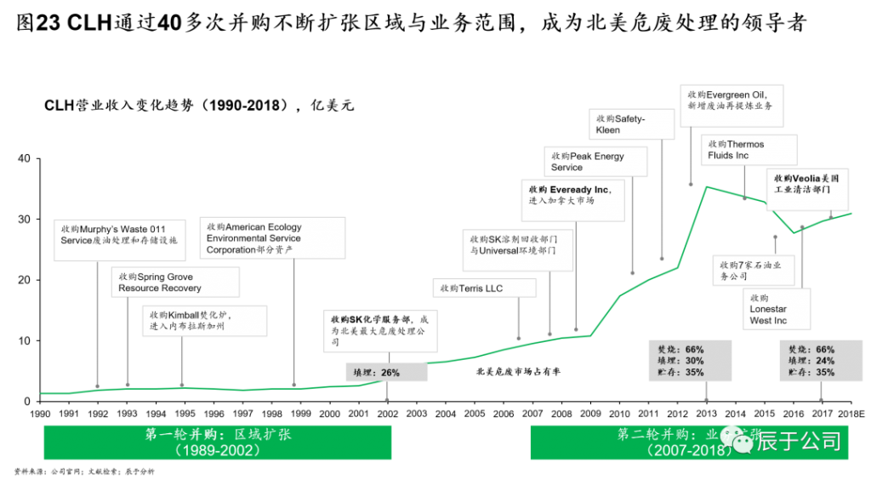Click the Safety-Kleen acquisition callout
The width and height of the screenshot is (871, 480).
pyautogui.click(x=633, y=124)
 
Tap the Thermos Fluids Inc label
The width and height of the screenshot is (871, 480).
pyautogui.click(x=748, y=150)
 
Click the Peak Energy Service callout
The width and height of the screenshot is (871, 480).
pyautogui.click(x=595, y=161)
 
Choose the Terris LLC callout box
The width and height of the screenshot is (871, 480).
pyautogui.click(x=484, y=289)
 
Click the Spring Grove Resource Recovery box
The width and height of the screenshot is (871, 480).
pyautogui.click(x=175, y=282)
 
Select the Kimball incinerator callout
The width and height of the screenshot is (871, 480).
pyautogui.click(x=204, y=320)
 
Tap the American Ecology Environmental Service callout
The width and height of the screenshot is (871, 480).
pyautogui.click(x=272, y=238)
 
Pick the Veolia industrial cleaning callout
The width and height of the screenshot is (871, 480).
pyautogui.click(x=808, y=189)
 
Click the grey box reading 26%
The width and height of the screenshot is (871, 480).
pyautogui.click(x=382, y=372)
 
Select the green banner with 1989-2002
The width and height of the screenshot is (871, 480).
pyautogui.click(x=218, y=443)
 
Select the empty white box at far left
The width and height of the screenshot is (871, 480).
pyautogui.click(x=120, y=239)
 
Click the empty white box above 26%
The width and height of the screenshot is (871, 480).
pyautogui.click(x=380, y=331)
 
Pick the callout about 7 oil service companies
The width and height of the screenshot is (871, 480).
pyautogui.click(x=756, y=271)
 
